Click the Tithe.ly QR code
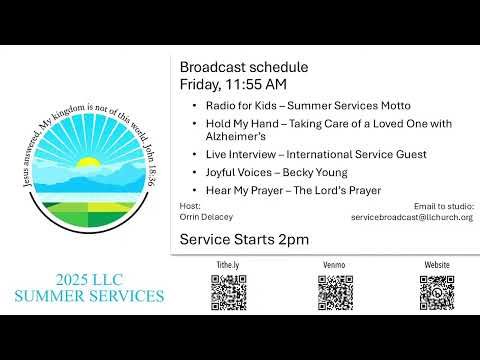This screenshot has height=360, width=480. [x=229, y=292]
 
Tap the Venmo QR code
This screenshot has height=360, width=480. [x=335, y=292]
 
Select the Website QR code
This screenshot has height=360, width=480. [x=437, y=292]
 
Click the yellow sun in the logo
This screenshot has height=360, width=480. [x=90, y=162]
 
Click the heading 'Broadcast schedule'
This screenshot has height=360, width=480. [x=243, y=67]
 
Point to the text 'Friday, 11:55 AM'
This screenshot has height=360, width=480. [x=232, y=83]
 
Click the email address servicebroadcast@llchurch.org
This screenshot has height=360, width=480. [x=412, y=217]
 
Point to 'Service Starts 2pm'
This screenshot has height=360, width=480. [x=244, y=239]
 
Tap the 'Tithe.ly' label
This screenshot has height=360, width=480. [x=229, y=265]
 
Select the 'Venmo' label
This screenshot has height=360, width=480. [x=335, y=265]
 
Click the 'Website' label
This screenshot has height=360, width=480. [x=437, y=265]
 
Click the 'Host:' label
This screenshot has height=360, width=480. [x=189, y=206]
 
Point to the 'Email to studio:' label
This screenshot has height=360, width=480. [x=443, y=206]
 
